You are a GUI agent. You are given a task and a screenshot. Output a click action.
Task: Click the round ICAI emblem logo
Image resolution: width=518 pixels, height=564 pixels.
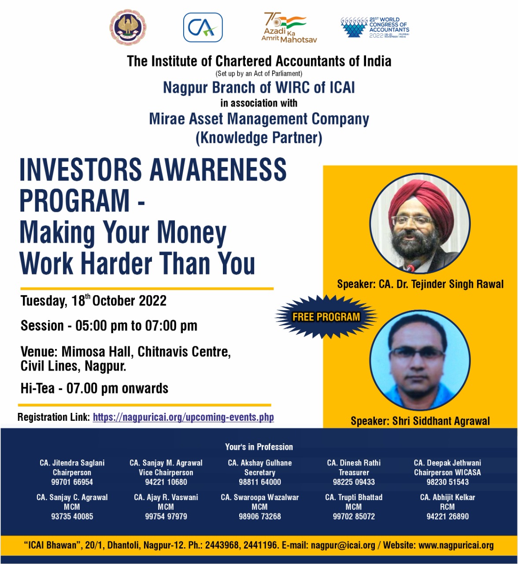tap(128, 28)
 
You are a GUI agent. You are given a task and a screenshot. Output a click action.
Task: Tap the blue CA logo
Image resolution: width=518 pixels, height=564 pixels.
tap(203, 27)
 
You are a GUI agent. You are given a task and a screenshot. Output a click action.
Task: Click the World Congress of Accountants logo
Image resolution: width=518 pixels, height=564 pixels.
tap(375, 27)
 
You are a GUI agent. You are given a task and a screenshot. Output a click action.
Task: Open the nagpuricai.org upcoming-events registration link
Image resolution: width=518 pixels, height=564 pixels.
tap(183, 417)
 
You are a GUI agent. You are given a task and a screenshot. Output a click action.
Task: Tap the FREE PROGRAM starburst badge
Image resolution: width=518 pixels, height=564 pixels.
tap(326, 317)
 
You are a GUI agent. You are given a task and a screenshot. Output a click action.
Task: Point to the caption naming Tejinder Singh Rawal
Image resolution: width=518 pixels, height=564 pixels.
tap(420, 284)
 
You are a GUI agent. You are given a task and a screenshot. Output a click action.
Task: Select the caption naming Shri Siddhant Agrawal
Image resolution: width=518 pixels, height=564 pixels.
tap(420, 421)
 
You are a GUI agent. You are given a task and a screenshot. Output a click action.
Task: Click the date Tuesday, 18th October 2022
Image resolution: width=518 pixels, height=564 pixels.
tap(93, 301)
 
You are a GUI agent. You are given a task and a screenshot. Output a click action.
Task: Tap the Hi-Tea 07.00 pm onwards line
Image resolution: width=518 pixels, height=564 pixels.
tap(94, 388)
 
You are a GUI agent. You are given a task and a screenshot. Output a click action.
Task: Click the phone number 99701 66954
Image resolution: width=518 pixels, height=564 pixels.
tap(72, 482)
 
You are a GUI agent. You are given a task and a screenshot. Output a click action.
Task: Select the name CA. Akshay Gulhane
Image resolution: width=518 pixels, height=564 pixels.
tap(260, 463)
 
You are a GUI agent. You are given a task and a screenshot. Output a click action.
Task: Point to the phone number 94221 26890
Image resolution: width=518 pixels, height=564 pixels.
tap(448, 516)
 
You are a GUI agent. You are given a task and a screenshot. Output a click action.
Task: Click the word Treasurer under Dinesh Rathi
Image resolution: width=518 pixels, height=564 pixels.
tap(354, 472)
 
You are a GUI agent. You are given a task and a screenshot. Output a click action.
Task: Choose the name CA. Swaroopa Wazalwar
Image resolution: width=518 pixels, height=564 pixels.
tap(260, 497)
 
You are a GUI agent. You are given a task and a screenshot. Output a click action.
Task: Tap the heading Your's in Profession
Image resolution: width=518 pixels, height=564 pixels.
tap(259, 447)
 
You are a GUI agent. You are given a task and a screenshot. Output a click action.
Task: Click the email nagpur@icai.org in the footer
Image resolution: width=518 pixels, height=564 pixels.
tap(343, 545)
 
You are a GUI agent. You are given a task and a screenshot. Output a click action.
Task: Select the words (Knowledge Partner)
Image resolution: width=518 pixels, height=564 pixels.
tap(259, 138)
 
